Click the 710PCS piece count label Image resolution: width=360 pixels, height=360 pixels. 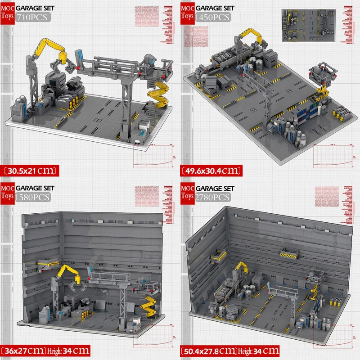point(32,18)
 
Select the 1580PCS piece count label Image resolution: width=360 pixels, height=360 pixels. point(33,197)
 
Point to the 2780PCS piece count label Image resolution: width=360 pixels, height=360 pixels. point(213,197)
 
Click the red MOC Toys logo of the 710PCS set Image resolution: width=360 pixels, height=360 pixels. point(8,11)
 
